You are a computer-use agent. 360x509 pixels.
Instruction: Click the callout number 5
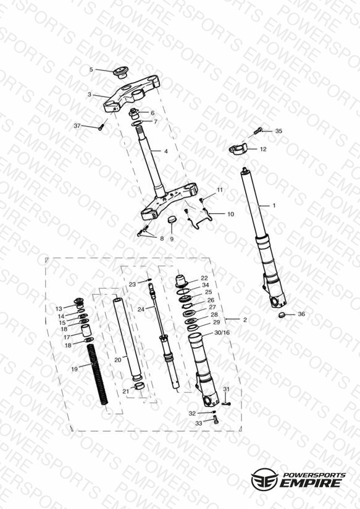(x=91, y=69)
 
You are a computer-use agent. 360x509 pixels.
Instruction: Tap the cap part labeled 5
(x=121, y=72)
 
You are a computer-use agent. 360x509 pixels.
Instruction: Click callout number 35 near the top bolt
(x=278, y=131)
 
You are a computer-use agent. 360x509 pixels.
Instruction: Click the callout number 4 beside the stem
(x=166, y=151)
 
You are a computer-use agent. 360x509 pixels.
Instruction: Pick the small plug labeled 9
(x=172, y=220)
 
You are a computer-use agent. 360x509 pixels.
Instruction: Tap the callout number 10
(x=230, y=214)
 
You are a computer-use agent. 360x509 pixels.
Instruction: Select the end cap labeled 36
(x=282, y=314)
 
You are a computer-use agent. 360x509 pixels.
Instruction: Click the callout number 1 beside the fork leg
(x=274, y=206)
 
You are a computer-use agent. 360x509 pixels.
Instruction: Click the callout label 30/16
(x=222, y=333)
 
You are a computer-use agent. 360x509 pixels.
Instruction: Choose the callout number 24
(x=141, y=309)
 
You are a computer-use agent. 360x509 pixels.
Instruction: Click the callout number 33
(x=199, y=423)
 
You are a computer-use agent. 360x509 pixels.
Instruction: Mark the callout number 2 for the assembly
(x=245, y=320)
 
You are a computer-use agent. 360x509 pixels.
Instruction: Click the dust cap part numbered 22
(x=182, y=281)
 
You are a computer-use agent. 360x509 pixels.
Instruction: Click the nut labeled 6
(x=134, y=114)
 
